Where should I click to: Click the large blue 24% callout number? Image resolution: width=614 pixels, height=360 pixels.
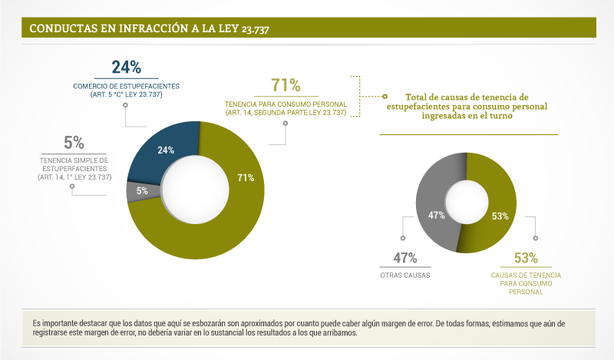[x=126, y=67]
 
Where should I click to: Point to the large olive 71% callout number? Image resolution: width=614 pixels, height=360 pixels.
[x=286, y=85]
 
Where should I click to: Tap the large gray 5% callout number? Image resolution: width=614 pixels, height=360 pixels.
[x=74, y=142]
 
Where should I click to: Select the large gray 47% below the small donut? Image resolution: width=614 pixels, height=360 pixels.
[x=404, y=258]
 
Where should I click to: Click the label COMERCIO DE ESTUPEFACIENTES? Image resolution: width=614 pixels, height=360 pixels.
[x=126, y=86]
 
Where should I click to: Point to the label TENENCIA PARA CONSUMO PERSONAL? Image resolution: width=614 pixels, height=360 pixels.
[x=286, y=104]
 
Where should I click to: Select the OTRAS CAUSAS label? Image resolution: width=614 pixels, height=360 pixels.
[x=404, y=275]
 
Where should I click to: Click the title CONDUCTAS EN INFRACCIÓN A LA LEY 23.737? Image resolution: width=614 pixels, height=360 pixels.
[x=149, y=28]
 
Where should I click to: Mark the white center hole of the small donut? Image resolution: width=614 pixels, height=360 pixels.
[x=466, y=201]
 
